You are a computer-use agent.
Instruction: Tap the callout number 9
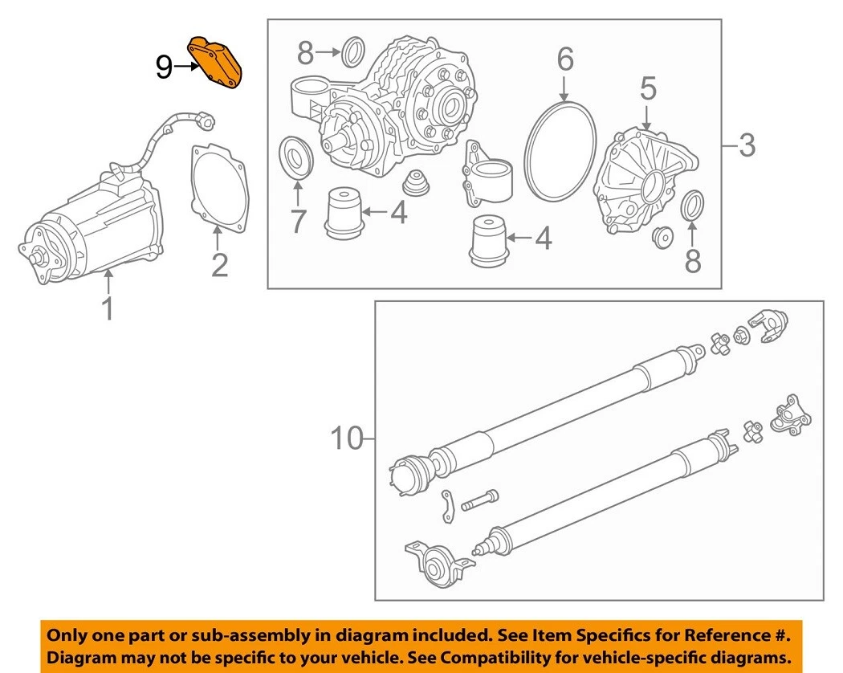(x=164, y=67)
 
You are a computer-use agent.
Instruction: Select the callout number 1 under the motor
(x=108, y=308)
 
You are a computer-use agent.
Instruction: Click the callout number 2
(x=219, y=263)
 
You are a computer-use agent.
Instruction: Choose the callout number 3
(x=747, y=145)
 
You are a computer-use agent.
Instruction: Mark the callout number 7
(x=298, y=220)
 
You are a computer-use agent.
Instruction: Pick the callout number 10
(x=348, y=438)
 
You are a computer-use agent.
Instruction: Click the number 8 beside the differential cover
(x=693, y=262)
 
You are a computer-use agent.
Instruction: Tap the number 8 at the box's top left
(x=304, y=54)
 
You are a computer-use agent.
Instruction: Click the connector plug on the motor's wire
(x=208, y=122)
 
